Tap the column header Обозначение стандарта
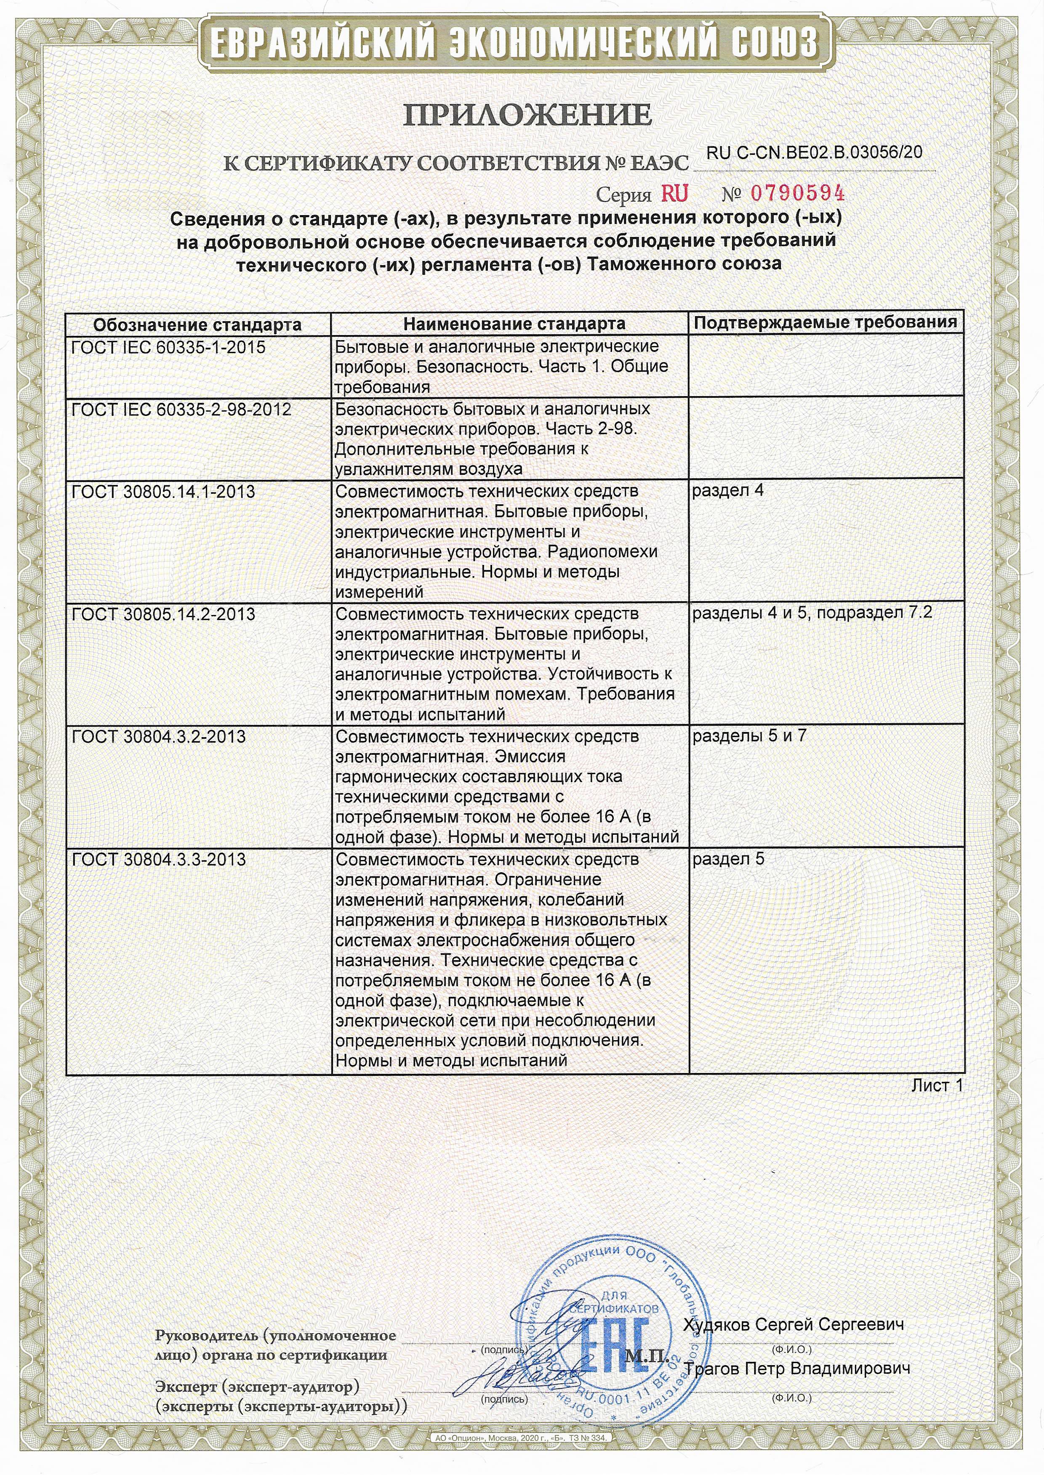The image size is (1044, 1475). [x=197, y=324]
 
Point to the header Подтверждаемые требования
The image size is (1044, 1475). [x=826, y=322]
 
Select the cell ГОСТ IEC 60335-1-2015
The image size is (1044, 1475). [x=168, y=348]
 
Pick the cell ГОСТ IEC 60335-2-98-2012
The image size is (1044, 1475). [x=181, y=410]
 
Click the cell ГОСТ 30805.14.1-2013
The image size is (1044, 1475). [x=163, y=493]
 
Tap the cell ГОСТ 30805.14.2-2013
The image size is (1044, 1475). [x=163, y=615]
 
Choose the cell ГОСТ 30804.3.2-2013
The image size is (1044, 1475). [x=159, y=737]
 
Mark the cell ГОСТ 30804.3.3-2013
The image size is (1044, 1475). [x=159, y=859]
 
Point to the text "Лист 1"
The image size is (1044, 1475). [x=937, y=1086]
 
